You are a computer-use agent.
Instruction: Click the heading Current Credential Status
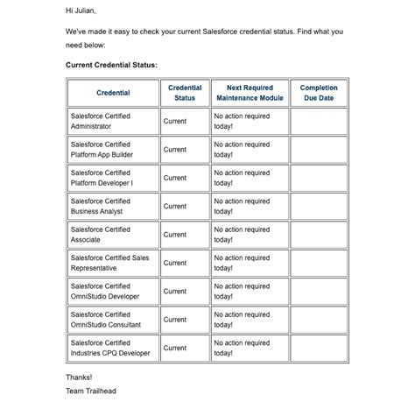111,65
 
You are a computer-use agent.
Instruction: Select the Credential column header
113,93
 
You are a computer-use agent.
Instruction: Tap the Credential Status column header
185,93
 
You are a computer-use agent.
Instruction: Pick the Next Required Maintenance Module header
250,93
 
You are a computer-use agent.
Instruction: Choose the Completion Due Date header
319,93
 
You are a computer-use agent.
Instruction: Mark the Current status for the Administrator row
175,121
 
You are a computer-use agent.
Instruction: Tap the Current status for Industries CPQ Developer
175,348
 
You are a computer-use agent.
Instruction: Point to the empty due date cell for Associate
319,235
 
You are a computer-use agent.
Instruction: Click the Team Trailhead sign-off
90,391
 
